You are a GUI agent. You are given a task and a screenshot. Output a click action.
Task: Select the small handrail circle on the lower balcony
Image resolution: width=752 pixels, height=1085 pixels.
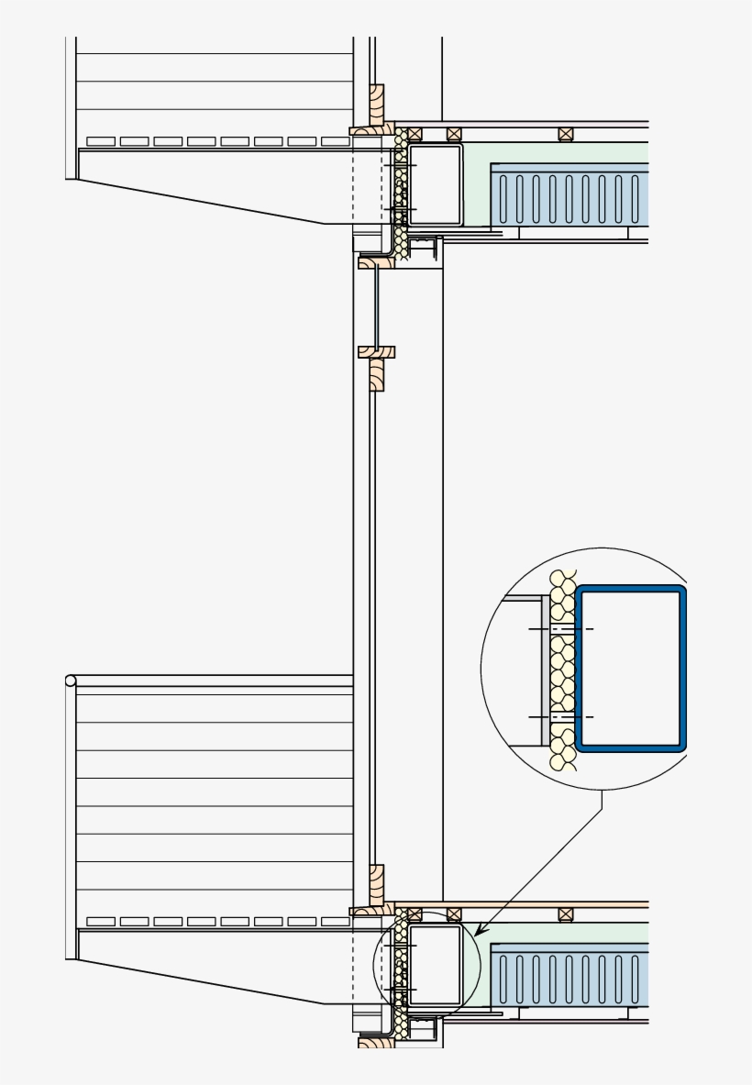tap(71, 681)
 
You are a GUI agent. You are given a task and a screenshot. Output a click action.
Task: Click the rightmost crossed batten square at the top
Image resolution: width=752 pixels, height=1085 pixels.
tap(565, 134)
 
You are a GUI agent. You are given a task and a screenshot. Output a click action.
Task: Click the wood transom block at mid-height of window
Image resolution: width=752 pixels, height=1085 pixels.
tap(376, 351)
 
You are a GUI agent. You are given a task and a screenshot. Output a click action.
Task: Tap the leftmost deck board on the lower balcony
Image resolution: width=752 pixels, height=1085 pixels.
tap(100, 921)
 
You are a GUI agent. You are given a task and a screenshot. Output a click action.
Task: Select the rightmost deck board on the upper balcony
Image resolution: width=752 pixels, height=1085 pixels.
tap(335, 141)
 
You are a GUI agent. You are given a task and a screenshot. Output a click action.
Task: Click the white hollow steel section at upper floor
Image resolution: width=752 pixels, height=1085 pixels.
tap(434, 183)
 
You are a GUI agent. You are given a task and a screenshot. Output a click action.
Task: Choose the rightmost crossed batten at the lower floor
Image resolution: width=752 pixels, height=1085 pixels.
tap(565, 914)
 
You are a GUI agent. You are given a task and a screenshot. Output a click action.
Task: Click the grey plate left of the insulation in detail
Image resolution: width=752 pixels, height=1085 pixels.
tap(545, 670)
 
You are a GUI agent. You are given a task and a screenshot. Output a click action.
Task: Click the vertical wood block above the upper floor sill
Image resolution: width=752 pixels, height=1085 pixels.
tap(376, 105)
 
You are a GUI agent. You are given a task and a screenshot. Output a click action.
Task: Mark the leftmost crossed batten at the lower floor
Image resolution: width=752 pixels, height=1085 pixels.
tap(414, 914)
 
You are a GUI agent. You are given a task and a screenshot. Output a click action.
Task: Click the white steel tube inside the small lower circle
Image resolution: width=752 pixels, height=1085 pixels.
tap(434, 963)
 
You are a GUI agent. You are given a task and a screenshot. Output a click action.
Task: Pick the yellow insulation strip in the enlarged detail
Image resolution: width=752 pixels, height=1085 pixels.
tap(562, 670)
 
